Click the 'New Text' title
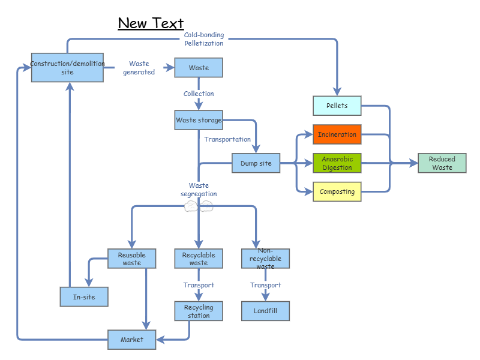[x=151, y=23]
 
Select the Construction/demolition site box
[x=67, y=68]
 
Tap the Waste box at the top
[x=199, y=68]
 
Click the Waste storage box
[x=199, y=120]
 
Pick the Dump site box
[x=256, y=163]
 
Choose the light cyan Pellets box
[x=337, y=106]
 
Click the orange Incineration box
[x=337, y=134]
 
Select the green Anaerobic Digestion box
[x=337, y=163]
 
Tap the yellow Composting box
[x=337, y=192]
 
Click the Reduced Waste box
[x=442, y=163]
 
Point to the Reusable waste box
[x=132, y=259]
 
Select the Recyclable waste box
[x=199, y=259]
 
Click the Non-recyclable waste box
[x=265, y=259]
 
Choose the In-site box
[x=84, y=297]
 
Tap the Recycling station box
[x=199, y=311]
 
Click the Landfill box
[x=265, y=311]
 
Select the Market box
[x=132, y=340]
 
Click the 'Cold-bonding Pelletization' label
[x=204, y=39]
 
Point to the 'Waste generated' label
[x=139, y=68]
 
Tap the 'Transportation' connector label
[x=227, y=139]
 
